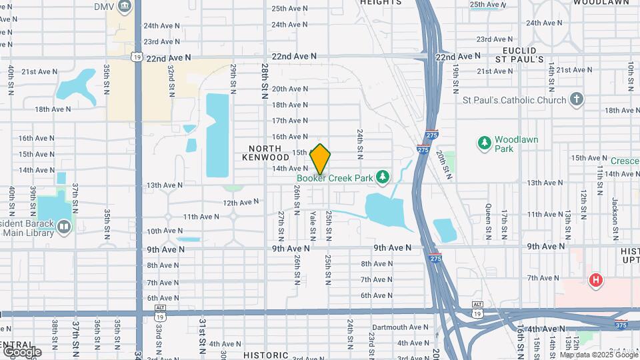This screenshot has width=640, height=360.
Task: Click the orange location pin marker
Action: (x=321, y=159)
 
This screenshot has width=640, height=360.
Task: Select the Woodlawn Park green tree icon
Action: (x=485, y=143)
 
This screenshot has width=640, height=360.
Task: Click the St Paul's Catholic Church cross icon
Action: (x=577, y=100)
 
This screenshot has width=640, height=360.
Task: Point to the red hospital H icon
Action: (x=595, y=281)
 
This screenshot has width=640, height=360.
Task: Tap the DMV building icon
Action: (x=125, y=7)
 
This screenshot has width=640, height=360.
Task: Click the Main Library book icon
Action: (x=64, y=227)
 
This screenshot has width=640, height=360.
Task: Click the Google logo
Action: (x=21, y=351)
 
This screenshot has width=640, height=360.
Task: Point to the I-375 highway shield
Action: (x=621, y=325)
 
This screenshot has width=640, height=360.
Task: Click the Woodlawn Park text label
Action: (x=516, y=144)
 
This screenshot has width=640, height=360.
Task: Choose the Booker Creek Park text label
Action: (x=335, y=178)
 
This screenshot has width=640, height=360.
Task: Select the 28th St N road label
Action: (x=265, y=81)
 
